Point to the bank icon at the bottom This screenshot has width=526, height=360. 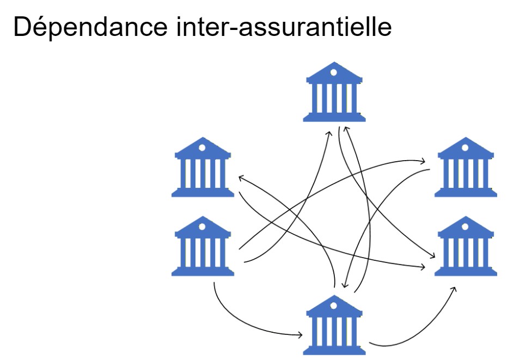point(334,325)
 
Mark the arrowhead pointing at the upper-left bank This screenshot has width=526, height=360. point(240,177)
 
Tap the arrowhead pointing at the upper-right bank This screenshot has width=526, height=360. point(423,161)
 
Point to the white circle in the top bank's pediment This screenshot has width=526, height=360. point(334,72)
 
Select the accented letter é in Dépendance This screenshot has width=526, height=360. point(34,27)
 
